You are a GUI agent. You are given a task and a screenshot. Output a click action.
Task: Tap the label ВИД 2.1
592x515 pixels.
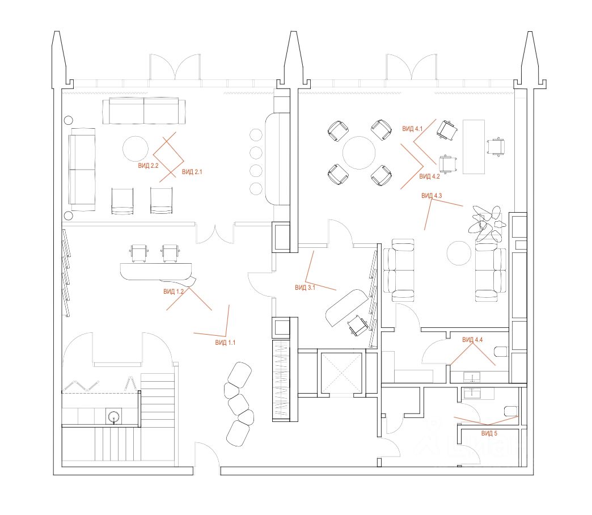[x=192, y=171]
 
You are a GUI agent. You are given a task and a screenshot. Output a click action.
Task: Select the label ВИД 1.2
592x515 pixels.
[x=174, y=292]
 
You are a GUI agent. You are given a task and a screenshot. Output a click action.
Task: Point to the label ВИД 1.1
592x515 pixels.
[x=225, y=343]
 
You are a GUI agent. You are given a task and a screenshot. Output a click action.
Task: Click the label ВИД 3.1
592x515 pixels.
[x=305, y=288]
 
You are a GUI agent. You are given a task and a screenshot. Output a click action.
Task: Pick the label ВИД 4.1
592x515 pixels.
[x=412, y=129]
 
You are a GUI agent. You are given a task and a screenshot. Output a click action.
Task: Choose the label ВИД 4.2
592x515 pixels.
[x=429, y=177]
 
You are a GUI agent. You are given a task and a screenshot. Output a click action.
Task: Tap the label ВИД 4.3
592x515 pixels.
[x=432, y=196]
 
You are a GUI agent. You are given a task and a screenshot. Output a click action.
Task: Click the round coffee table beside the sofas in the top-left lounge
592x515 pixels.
[x=137, y=149]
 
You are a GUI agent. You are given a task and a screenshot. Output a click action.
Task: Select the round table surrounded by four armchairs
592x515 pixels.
[x=359, y=152]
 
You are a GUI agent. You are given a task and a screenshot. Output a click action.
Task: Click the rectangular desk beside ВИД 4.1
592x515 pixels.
[x=474, y=146]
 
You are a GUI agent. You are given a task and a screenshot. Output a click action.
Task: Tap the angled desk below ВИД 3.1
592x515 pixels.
[x=346, y=306]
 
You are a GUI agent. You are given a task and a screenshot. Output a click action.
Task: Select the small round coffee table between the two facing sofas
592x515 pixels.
[x=459, y=252]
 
